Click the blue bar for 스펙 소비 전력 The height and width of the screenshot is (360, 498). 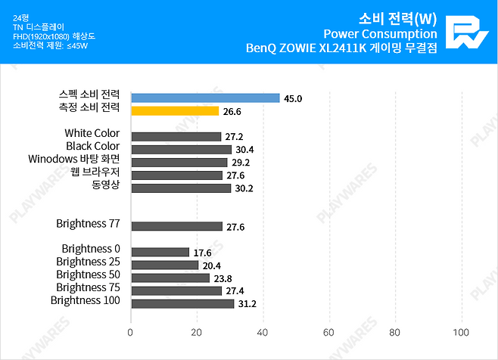click(x=205, y=98)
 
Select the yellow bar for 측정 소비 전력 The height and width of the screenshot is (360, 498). click(x=175, y=110)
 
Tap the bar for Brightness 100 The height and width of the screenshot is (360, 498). click(x=182, y=303)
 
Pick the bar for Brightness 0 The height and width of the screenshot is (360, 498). click(x=160, y=252)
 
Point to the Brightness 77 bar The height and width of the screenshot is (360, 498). click(x=176, y=226)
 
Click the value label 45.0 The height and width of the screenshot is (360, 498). click(x=294, y=98)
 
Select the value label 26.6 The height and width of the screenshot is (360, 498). click(x=232, y=111)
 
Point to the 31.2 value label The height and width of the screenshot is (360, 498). click(x=247, y=304)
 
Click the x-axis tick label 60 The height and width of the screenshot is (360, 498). click(x=328, y=332)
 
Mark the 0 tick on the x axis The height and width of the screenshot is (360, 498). click(x=131, y=332)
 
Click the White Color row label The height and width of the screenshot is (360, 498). click(x=92, y=133)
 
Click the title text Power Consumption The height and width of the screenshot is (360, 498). click(x=380, y=33)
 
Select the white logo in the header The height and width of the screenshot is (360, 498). click(x=464, y=32)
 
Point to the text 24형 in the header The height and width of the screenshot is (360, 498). click(x=21, y=16)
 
